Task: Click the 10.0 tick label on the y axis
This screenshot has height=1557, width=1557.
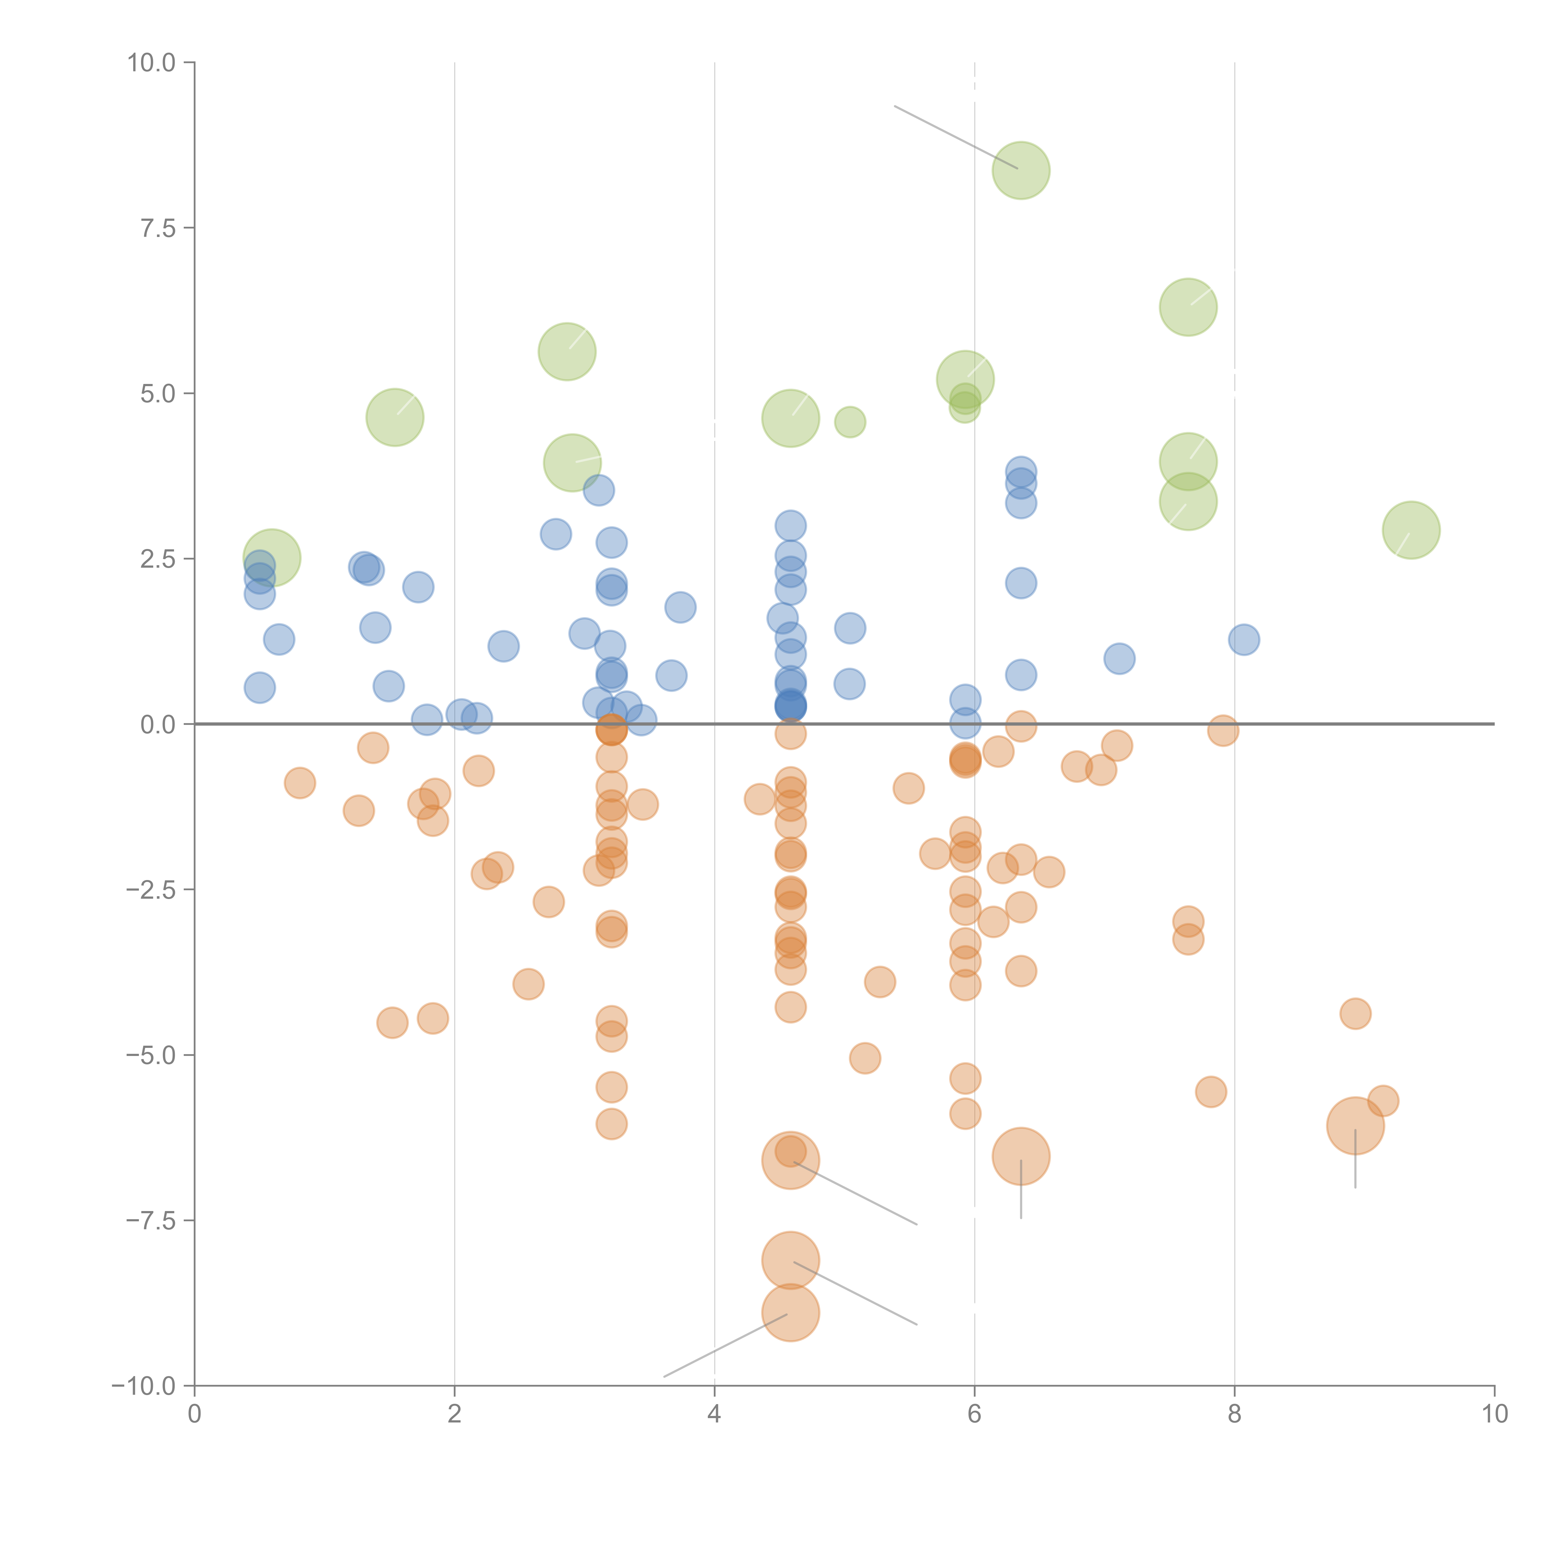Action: click(x=152, y=63)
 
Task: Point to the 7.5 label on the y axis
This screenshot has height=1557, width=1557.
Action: click(x=158, y=228)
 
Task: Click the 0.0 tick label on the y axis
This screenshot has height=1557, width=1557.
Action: click(x=158, y=725)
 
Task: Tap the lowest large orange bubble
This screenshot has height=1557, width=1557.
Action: click(x=791, y=1313)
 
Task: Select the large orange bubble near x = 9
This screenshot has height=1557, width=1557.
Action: click(x=1356, y=1126)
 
